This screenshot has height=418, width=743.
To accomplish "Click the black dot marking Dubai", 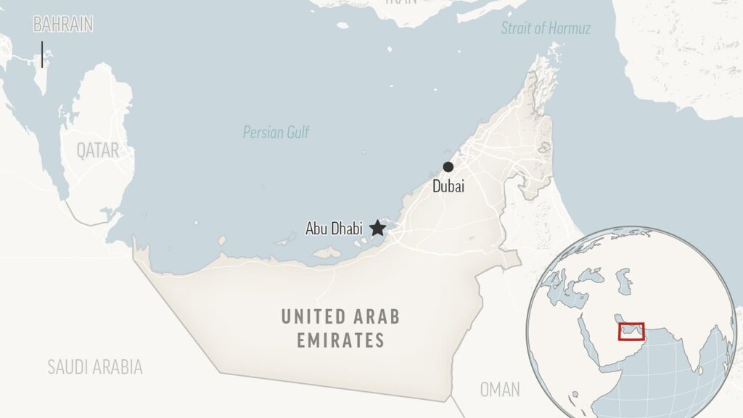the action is point(448,167).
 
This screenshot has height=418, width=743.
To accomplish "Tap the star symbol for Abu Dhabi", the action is point(377,229).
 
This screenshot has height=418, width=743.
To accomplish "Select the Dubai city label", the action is point(448,187).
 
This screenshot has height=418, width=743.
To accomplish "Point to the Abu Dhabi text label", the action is point(334,229).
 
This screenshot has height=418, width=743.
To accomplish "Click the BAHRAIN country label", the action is point(63,24).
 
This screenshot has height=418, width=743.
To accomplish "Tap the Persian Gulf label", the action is point(276,133).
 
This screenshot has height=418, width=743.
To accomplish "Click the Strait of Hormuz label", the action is point(546,29).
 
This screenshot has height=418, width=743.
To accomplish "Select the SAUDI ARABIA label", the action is point(94,366).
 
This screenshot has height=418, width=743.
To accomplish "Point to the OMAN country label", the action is point(500,390).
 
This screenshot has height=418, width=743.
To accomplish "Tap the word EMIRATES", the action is point(340,340).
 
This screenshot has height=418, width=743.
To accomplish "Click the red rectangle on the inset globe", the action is point(631,332).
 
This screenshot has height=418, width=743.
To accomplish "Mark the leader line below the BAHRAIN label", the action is point(42,54).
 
